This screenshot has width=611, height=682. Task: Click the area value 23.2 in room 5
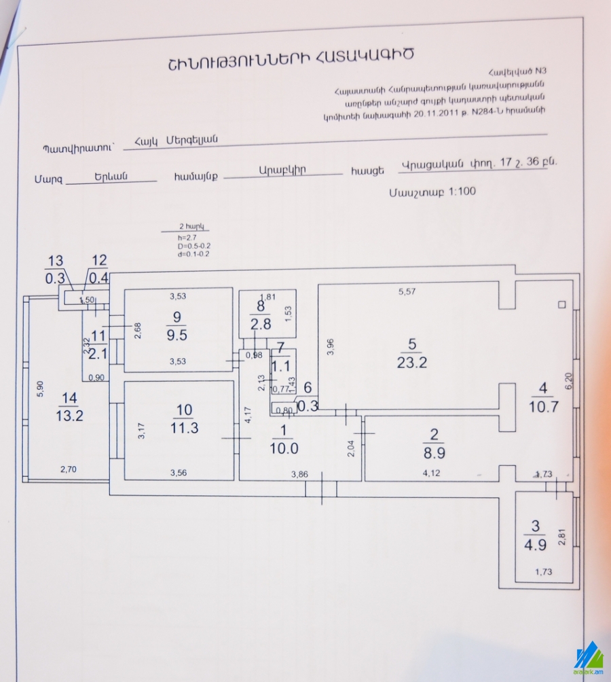pos(412,362)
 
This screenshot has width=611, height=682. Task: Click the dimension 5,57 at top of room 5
pos(407,292)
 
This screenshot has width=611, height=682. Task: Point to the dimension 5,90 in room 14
pos(40,387)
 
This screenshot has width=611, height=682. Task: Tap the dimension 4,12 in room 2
pos(432,473)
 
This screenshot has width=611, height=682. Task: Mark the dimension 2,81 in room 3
pos(561,537)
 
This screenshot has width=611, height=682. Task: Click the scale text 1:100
pos(462,192)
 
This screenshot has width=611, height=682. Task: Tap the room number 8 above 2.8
pos(260,306)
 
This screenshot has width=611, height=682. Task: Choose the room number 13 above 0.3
pos(54,261)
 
